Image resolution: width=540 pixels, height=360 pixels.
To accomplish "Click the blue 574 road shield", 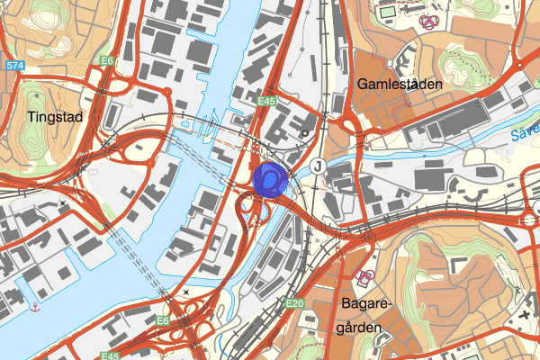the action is [13, 66].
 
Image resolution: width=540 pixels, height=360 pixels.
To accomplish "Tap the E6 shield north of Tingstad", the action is [108, 60].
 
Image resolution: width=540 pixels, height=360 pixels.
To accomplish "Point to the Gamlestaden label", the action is [400, 84].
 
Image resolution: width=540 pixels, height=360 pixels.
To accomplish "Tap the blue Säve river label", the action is [522, 135].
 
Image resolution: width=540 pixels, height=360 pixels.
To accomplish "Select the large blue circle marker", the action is [269, 178].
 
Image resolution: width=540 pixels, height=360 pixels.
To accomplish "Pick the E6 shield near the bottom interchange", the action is [163, 321].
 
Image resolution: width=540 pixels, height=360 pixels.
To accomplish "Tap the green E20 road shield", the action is [295, 305].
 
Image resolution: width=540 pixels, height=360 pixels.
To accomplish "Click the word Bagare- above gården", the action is [364, 303].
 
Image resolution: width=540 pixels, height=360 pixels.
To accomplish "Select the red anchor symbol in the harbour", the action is [35, 308].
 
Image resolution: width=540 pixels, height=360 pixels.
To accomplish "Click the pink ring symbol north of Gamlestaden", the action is [429, 21].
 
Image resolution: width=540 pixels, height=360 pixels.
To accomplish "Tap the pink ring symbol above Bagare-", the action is [365, 274].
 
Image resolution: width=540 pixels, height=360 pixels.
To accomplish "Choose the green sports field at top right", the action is [388, 13].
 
